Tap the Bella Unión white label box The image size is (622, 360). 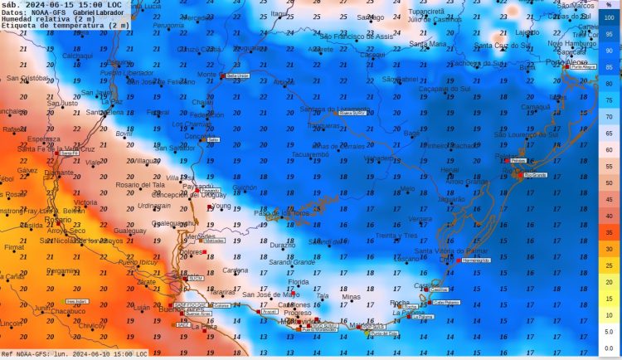pos(238,75)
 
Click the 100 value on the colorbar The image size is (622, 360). pos(610,17)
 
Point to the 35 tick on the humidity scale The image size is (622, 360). pos(610,232)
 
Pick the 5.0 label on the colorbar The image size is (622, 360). pos(610,331)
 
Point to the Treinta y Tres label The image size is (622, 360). pos(396,236)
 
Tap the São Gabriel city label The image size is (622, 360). pos(400,79)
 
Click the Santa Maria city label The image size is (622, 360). pos(428,44)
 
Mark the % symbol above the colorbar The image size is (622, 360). pos(610,5)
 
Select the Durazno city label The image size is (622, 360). pos(282,246)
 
